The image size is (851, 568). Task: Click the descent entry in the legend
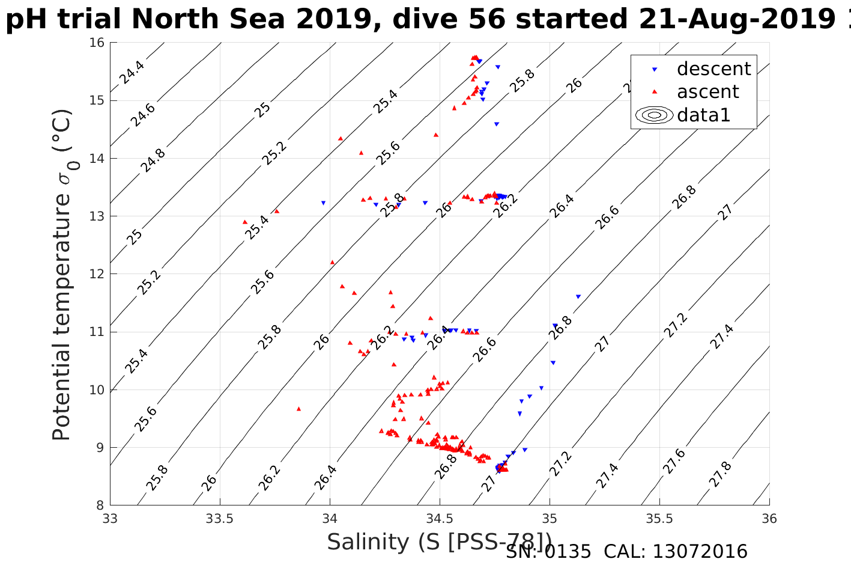[x=713, y=69]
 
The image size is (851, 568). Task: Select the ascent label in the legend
[x=707, y=92]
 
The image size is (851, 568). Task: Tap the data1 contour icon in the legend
[x=655, y=115]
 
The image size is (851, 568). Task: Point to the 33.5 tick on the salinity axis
[x=220, y=518]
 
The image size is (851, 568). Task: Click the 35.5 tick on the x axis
[x=659, y=518]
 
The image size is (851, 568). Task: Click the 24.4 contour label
[x=131, y=72]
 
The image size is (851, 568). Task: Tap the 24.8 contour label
[x=153, y=160]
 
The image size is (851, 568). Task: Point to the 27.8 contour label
[x=719, y=475]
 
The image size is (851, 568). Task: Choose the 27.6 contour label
[x=674, y=462]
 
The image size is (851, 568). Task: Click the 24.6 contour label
[x=143, y=115]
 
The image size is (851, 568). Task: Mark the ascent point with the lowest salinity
[x=245, y=222]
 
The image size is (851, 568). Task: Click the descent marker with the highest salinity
[x=578, y=296]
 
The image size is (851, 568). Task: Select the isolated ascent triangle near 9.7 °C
[x=298, y=409]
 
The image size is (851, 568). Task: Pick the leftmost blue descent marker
[x=323, y=203]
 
